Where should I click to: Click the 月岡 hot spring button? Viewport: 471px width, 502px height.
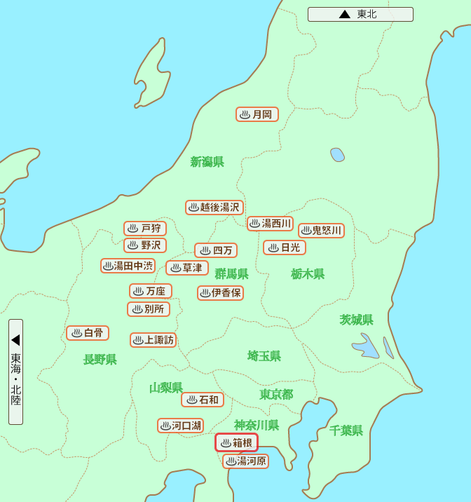257,114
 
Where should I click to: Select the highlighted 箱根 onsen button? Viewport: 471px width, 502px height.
236,443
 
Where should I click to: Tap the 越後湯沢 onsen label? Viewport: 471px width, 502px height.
214,208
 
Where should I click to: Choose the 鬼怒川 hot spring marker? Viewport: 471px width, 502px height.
321,231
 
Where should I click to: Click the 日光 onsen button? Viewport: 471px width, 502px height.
285,247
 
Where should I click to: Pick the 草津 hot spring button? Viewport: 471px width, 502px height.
187,268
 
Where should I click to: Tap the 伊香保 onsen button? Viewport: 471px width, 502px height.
220,293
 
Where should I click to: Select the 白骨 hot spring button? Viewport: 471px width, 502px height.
88,333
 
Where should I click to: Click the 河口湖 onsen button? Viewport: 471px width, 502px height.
180,426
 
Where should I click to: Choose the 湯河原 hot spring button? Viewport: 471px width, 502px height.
245,461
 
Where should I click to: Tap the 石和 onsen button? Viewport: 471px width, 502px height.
203,400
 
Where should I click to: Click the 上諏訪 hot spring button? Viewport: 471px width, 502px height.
153,340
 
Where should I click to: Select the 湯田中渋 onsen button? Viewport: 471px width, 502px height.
128,266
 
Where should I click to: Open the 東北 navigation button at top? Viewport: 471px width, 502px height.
360,14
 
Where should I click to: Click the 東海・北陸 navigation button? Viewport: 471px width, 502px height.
15,372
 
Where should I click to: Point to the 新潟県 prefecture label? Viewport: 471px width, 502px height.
207,162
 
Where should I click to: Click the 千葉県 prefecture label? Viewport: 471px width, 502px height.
346,430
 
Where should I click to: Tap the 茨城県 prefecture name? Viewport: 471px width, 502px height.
357,320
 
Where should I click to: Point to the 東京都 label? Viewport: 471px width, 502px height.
276,395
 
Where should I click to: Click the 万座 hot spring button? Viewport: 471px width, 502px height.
150,291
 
